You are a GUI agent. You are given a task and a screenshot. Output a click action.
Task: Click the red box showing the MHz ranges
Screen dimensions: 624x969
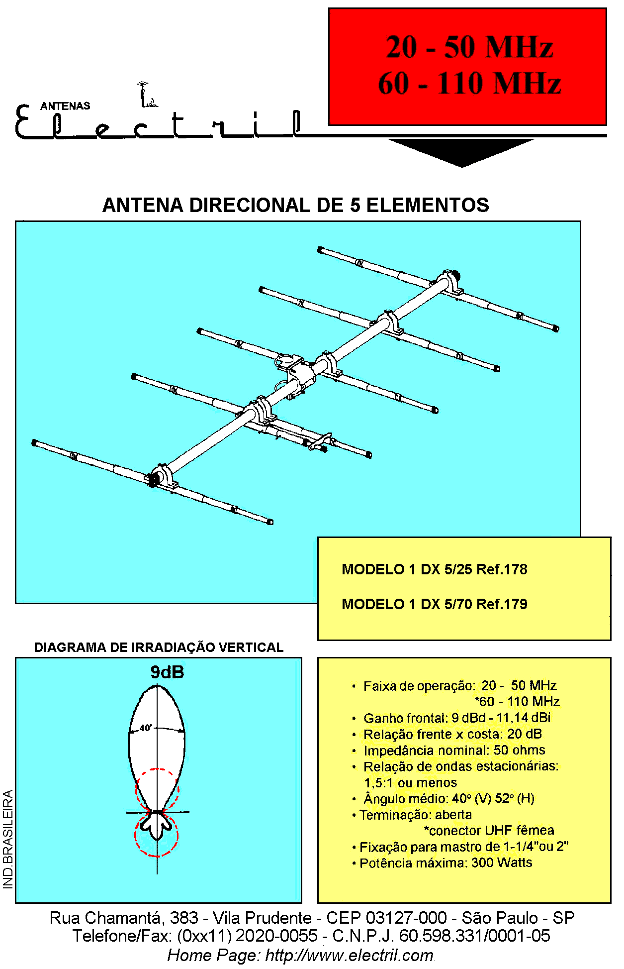point(467,66)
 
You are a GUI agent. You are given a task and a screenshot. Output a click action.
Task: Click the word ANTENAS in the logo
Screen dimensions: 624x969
point(65,106)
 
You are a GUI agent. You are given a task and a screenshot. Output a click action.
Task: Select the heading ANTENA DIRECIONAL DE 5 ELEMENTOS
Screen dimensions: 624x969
point(296,205)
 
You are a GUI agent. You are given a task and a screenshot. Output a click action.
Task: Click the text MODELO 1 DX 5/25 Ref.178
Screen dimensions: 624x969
point(435,569)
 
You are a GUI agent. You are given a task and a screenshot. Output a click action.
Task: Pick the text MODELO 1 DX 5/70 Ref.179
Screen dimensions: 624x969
point(435,604)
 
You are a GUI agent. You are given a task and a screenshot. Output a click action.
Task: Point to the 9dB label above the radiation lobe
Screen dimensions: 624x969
point(167,672)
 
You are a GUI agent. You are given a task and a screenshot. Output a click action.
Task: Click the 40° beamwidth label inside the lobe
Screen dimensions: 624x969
point(145,728)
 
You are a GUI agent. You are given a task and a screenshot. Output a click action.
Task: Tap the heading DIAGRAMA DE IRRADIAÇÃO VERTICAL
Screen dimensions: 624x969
point(159,647)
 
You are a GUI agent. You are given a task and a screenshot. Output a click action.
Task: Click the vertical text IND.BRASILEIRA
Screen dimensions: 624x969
point(8,839)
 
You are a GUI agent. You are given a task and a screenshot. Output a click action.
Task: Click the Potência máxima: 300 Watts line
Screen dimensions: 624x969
point(442,862)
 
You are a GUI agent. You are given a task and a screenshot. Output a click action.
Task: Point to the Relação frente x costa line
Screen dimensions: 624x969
point(447,734)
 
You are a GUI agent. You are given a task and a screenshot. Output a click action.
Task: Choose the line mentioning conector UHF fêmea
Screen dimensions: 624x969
point(489,830)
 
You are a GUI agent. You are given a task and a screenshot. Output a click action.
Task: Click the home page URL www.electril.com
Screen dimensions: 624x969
point(349,956)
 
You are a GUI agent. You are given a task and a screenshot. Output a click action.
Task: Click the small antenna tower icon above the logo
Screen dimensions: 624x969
point(146,95)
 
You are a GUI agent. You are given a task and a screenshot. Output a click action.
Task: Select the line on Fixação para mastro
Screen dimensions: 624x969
point(460,847)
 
